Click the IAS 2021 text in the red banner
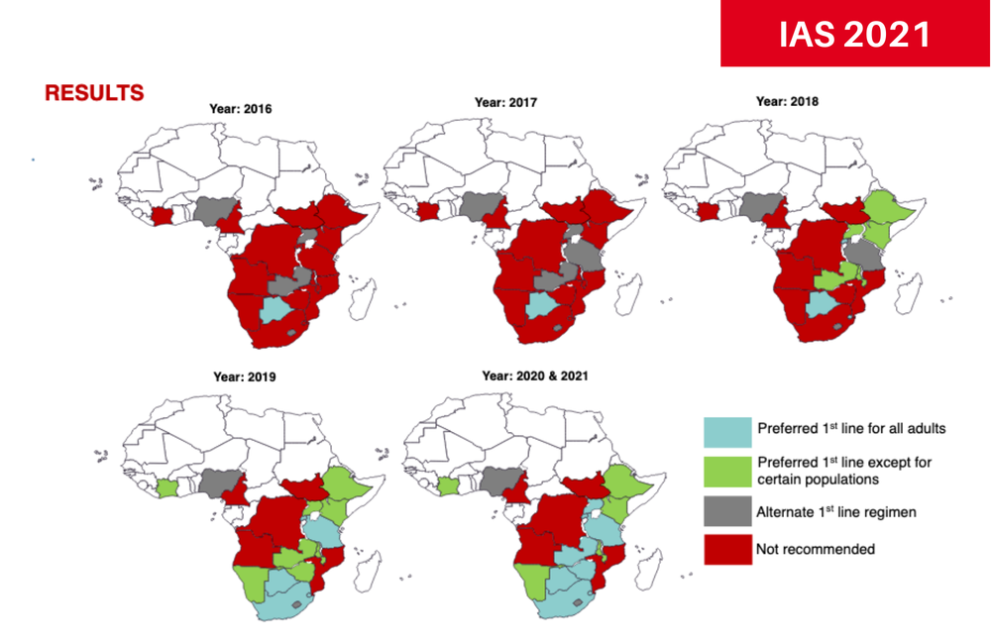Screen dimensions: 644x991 (x=854, y=34)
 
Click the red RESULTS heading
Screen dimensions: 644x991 (x=94, y=93)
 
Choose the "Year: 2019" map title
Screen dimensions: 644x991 (x=245, y=376)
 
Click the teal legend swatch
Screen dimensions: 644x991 (x=725, y=430)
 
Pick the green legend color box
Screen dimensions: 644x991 (x=725, y=470)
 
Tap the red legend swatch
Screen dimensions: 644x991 (x=725, y=549)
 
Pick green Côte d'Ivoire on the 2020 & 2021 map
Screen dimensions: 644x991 (x=449, y=485)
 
